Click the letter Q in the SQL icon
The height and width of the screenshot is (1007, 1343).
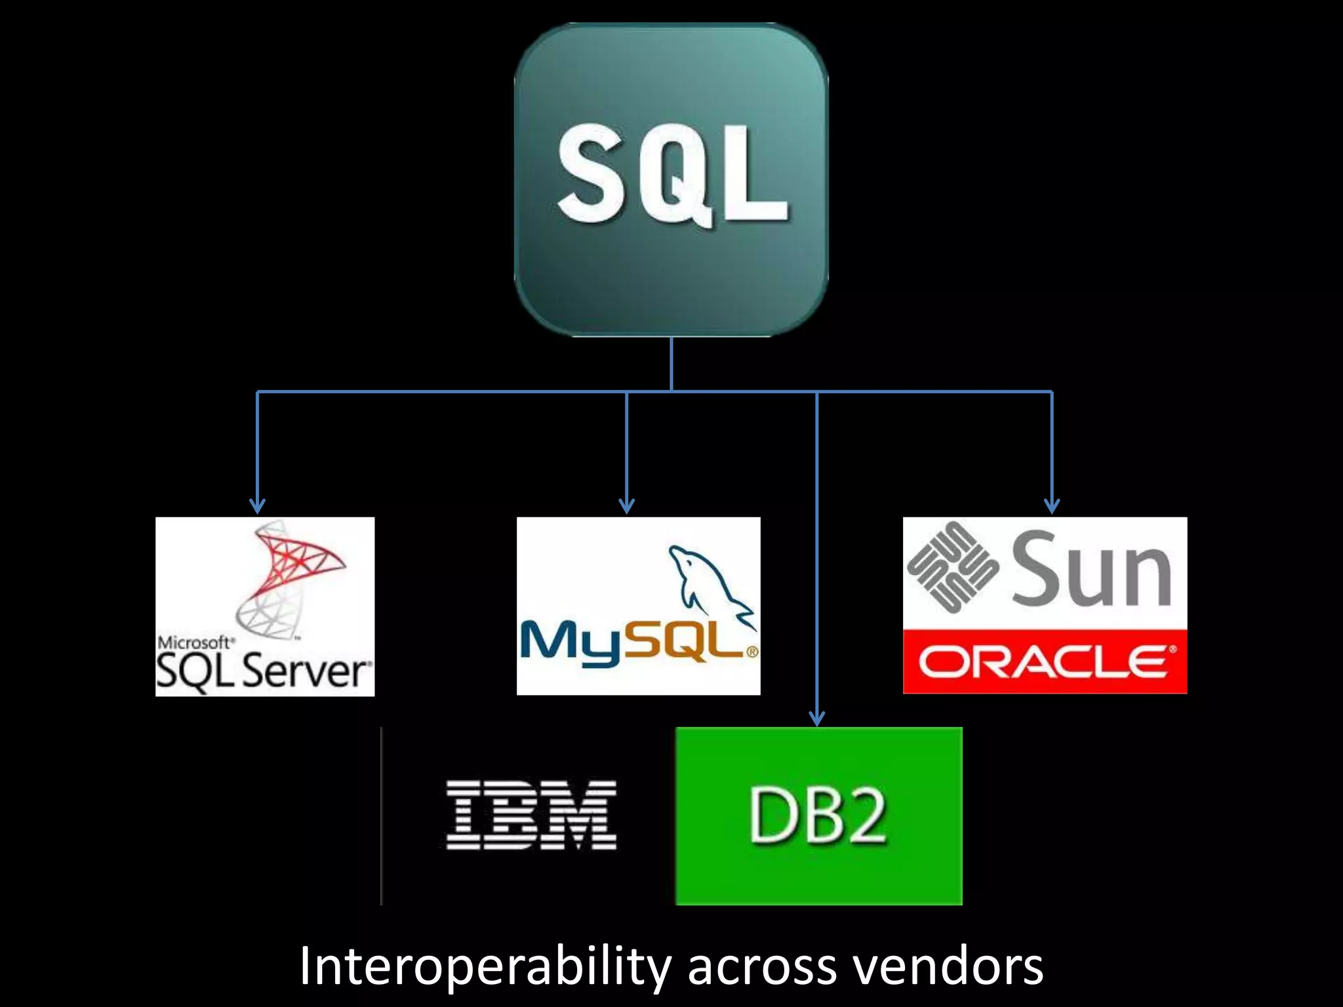(x=670, y=176)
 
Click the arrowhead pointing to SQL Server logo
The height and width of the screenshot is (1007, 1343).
(x=258, y=506)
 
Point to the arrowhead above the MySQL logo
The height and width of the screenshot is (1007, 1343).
(x=627, y=506)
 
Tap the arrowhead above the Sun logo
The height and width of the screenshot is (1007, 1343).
(x=1052, y=506)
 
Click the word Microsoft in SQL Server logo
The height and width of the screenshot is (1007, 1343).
(x=193, y=642)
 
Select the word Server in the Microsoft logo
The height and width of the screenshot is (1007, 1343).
(x=306, y=672)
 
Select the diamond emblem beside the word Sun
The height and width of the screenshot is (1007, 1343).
(x=953, y=568)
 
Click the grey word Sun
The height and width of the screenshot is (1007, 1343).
(x=1091, y=569)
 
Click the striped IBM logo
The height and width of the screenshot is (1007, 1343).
(x=531, y=814)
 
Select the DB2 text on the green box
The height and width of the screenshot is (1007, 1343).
(x=818, y=816)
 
